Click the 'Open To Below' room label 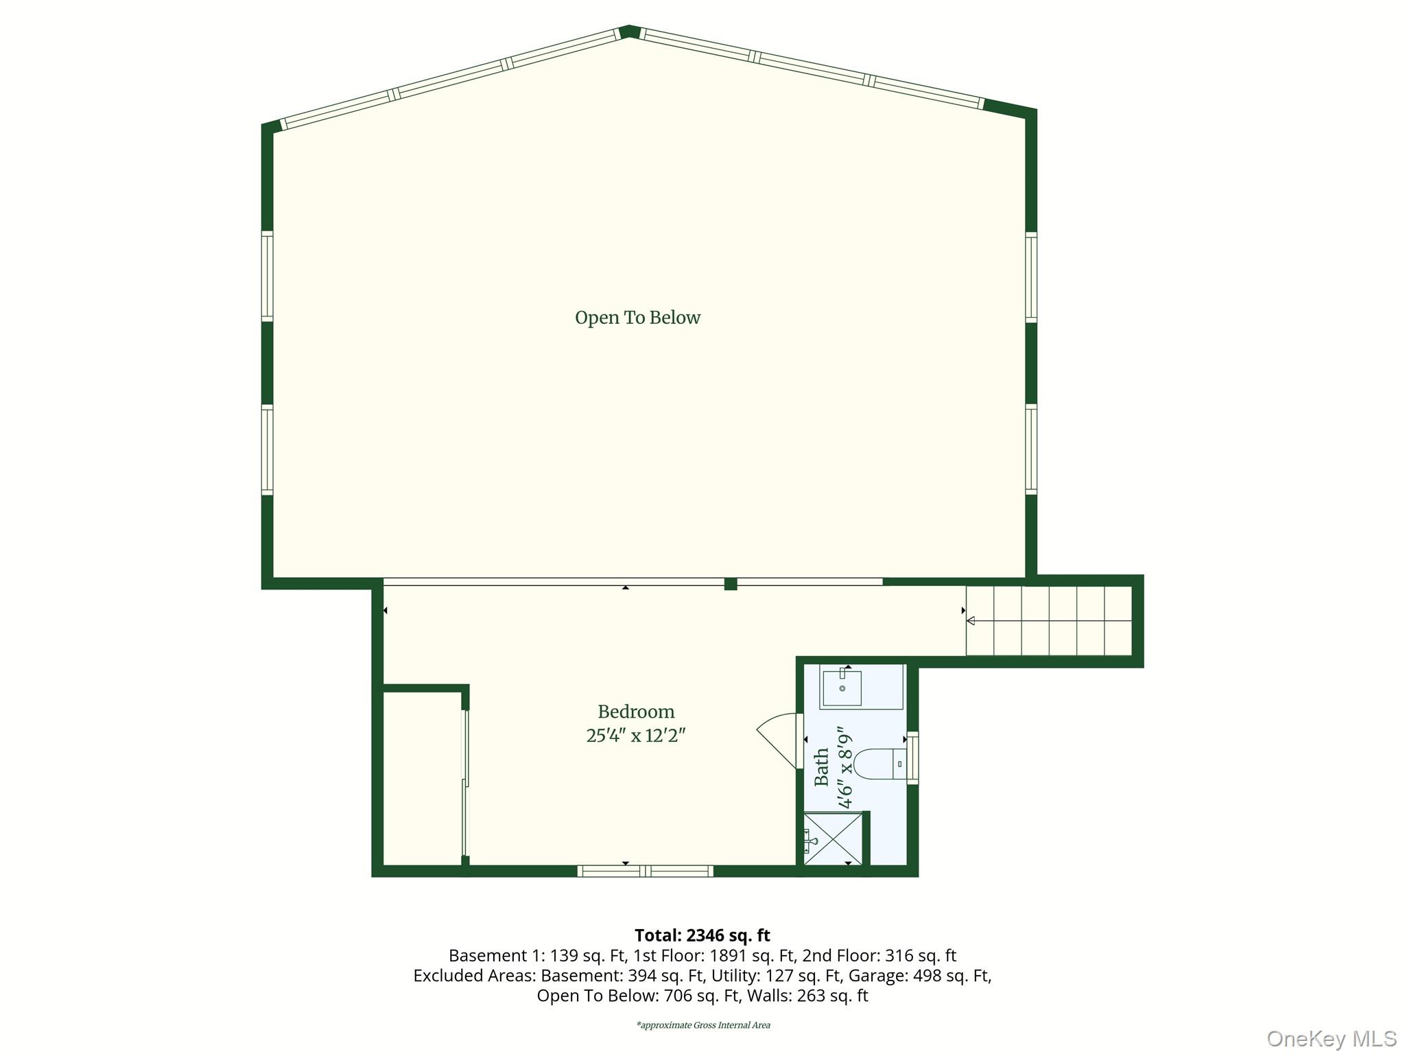[x=637, y=318]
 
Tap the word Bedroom [x=636, y=712]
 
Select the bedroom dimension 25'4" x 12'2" [x=636, y=736]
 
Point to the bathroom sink [x=842, y=688]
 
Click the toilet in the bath [x=881, y=763]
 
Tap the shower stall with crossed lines [x=831, y=839]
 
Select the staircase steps [x=1048, y=620]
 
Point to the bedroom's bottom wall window [x=645, y=871]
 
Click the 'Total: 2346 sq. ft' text [x=702, y=935]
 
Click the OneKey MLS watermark [x=1331, y=1038]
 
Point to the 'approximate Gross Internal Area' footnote [x=703, y=1025]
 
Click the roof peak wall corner [x=629, y=32]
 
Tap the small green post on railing [x=731, y=584]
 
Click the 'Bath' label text [x=821, y=766]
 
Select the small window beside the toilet [x=912, y=758]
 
